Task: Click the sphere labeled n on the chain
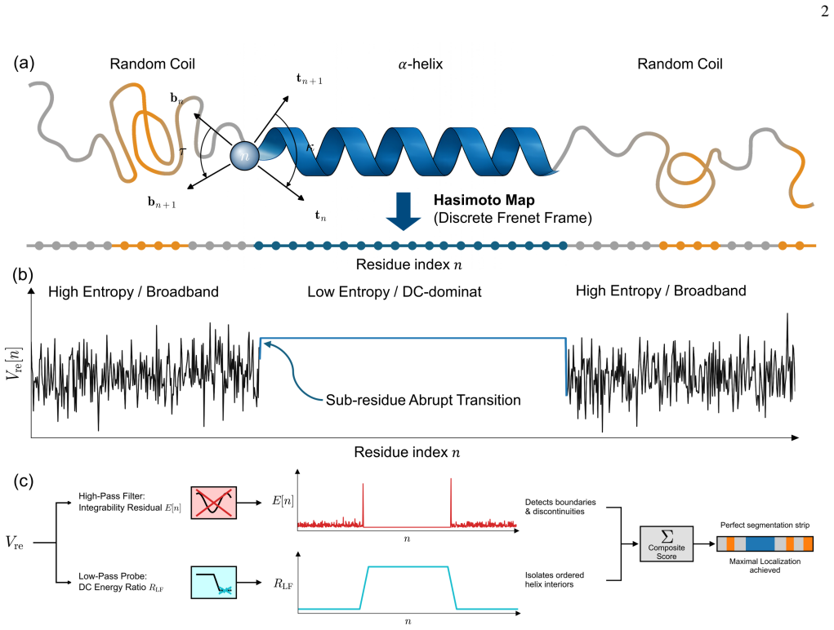(245, 156)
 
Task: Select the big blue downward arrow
(404, 211)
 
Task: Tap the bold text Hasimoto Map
(484, 200)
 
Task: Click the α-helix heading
(420, 64)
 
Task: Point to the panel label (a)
(24, 63)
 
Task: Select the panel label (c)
(24, 481)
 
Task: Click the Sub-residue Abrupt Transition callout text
(423, 400)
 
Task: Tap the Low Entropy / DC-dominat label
(395, 291)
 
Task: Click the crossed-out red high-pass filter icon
(214, 503)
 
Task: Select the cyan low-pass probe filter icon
(214, 583)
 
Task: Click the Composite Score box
(667, 543)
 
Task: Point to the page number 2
(824, 11)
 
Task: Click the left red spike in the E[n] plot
(363, 504)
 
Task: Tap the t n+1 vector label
(309, 79)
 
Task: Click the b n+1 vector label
(162, 202)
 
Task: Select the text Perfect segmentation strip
(765, 526)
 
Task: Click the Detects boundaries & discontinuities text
(560, 507)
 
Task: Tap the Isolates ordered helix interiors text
(554, 579)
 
